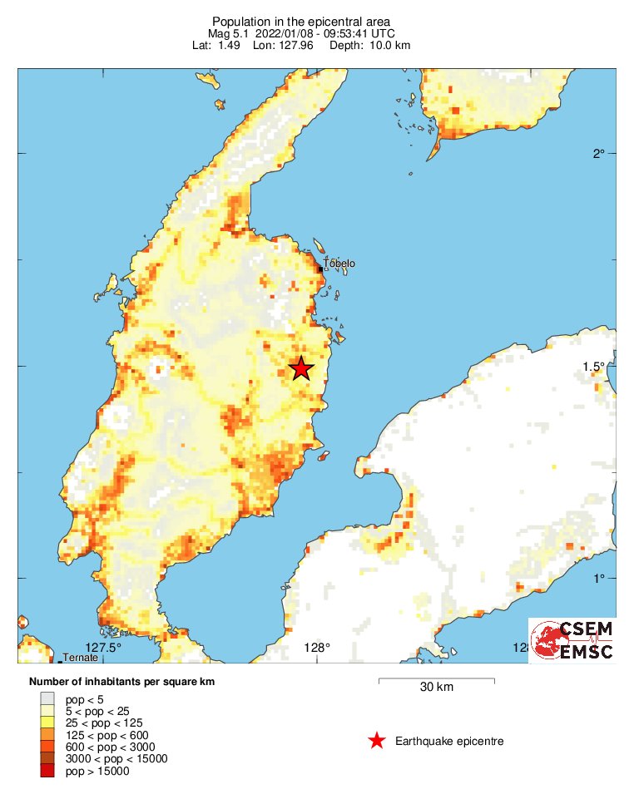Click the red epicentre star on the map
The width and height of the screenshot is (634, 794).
coord(301,367)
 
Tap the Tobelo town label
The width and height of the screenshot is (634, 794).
coord(339,264)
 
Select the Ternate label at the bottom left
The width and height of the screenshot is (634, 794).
coord(81,658)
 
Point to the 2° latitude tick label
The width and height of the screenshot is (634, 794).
coord(597,154)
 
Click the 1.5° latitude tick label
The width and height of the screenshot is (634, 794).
coord(594,367)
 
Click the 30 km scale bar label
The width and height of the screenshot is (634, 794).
coord(436,688)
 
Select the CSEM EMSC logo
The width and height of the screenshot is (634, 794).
coord(572,639)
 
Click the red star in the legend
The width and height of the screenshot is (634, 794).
coord(377,741)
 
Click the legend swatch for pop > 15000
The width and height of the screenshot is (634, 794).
coord(47,772)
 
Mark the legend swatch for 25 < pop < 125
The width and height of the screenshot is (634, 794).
coord(47,722)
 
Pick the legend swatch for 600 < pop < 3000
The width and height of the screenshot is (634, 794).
coord(47,747)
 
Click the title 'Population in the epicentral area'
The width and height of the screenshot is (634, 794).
coord(301,22)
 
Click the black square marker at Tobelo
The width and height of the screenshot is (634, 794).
coord(321,269)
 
